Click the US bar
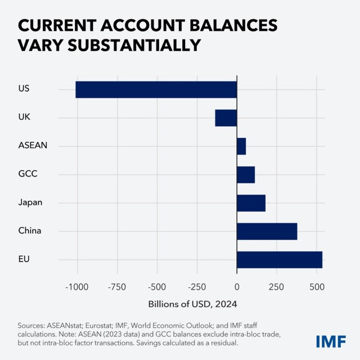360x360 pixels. pyautogui.click(x=156, y=90)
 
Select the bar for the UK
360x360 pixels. pyautogui.click(x=226, y=118)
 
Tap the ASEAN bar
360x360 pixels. pyautogui.click(x=241, y=146)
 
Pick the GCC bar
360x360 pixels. pyautogui.click(x=246, y=175)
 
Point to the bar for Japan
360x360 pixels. pyautogui.click(x=251, y=203)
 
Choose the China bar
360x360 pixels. pyautogui.click(x=267, y=231)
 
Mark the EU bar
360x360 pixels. pyautogui.click(x=280, y=260)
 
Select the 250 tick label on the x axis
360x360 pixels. pyautogui.click(x=277, y=287)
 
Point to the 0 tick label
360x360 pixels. pyautogui.click(x=237, y=287)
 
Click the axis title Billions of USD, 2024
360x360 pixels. pyautogui.click(x=193, y=304)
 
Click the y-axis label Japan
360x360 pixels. pyautogui.click(x=30, y=202)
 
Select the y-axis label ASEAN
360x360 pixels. pyautogui.click(x=33, y=146)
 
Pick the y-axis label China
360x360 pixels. pyautogui.click(x=30, y=231)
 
